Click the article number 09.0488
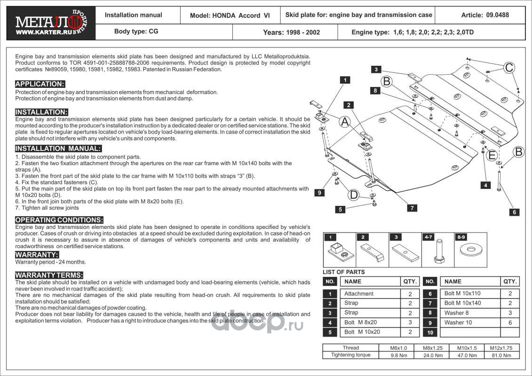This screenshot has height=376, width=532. click(485, 15)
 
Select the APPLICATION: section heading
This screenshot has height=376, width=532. click(40, 84)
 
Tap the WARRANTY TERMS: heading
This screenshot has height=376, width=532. click(49, 275)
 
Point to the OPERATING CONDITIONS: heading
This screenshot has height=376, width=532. click(59, 220)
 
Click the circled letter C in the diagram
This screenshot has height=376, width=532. click(509, 68)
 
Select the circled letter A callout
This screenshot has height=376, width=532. click(344, 122)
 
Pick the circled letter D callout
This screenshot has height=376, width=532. click(353, 195)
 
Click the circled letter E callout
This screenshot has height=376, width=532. click(492, 155)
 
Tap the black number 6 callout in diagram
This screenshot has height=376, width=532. click(515, 212)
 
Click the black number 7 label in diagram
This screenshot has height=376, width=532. click(412, 208)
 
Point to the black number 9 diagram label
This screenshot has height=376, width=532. click(318, 192)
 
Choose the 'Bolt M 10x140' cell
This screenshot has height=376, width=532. click(462, 303)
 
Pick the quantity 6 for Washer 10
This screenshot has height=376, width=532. click(510, 323)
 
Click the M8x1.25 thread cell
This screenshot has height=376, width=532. click(432, 348)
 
